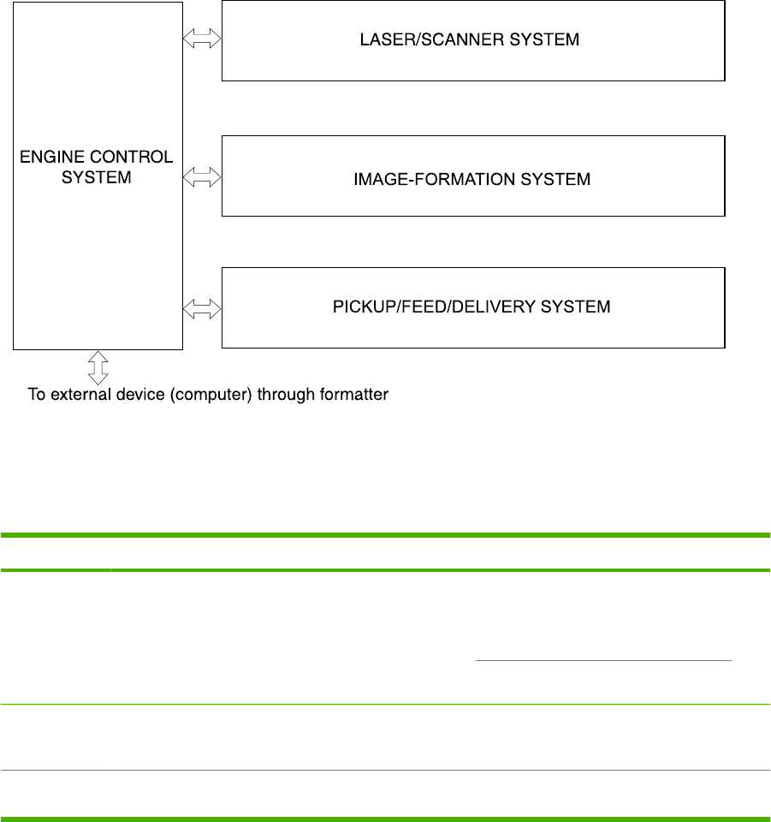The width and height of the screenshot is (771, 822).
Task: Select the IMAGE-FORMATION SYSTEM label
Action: (472, 179)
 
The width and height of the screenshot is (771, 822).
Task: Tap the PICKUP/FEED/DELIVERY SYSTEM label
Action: (471, 307)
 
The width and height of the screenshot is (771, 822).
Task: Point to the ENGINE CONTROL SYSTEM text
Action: (98, 166)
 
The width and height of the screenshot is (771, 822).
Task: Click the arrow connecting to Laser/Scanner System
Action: (202, 40)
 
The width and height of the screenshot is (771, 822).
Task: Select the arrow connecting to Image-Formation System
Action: (202, 177)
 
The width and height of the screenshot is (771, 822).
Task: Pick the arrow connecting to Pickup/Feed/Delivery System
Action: (202, 307)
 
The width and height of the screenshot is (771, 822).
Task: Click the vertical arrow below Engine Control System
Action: (98, 366)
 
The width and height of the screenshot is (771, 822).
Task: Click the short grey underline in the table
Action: (603, 660)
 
